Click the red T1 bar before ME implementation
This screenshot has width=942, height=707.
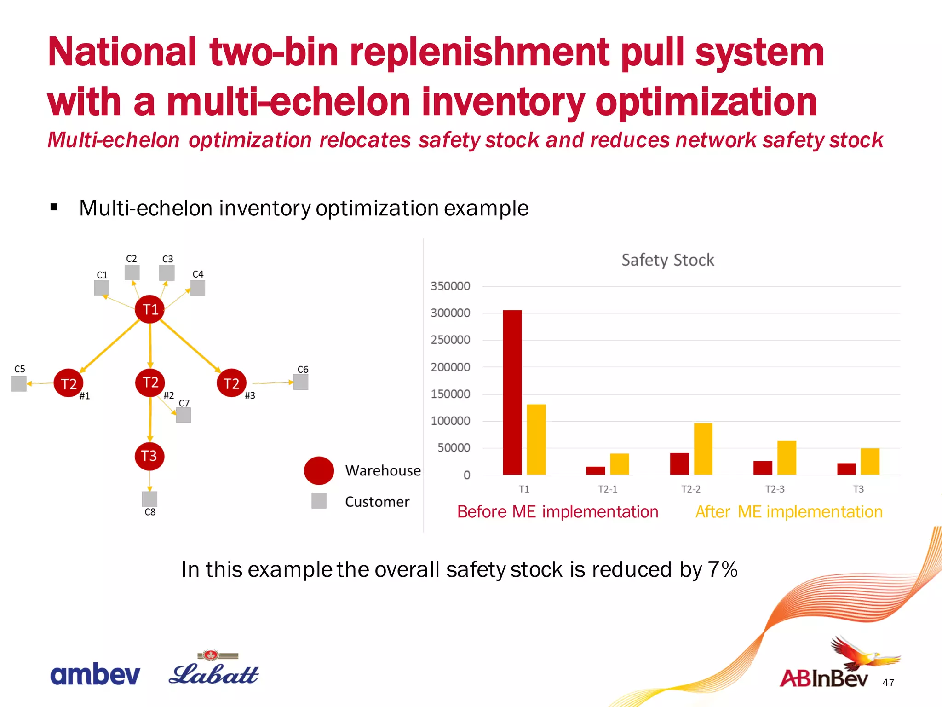(x=512, y=392)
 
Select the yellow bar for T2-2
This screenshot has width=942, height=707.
(x=703, y=449)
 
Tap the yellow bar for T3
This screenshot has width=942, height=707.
(x=870, y=461)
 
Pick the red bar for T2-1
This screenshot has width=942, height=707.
(x=596, y=470)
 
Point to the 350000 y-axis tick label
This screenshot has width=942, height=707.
(x=450, y=286)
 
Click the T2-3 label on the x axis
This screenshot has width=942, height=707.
(x=775, y=489)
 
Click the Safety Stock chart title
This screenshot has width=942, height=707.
(x=667, y=260)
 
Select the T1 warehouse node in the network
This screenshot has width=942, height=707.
(x=150, y=309)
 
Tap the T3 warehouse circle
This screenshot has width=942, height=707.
(x=149, y=456)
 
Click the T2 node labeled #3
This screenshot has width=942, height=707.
(x=231, y=383)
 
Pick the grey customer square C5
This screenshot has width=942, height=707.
(x=19, y=383)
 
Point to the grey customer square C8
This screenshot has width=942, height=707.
(x=149, y=499)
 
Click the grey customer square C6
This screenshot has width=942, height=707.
(x=301, y=382)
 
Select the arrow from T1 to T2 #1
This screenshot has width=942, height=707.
(x=109, y=346)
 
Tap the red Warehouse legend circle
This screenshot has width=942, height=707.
(x=319, y=470)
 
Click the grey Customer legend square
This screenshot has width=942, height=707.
(x=319, y=501)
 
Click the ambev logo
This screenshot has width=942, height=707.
(x=95, y=674)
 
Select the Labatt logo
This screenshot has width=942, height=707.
(x=214, y=670)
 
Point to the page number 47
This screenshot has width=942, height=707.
(x=888, y=683)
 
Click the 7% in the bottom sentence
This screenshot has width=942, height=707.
(x=723, y=569)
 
